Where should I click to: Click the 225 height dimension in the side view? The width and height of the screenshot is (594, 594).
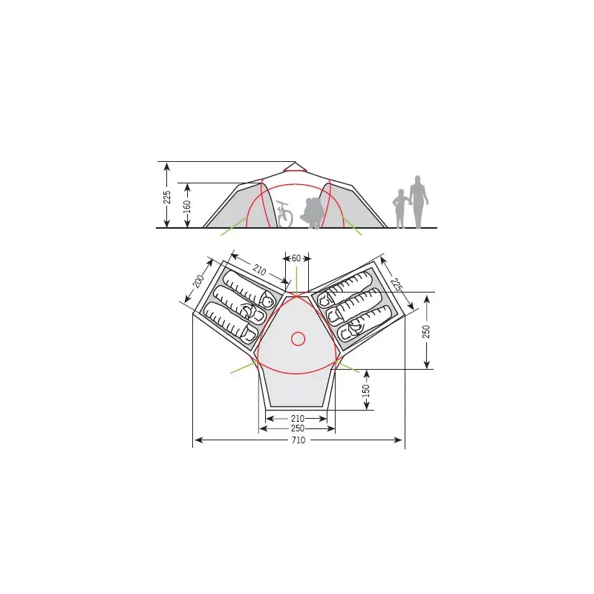tap(167, 197)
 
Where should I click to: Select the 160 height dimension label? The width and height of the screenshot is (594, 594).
tap(187, 206)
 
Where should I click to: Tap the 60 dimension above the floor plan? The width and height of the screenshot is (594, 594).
tap(296, 258)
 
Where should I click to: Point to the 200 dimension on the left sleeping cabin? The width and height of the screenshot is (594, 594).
tap(198, 281)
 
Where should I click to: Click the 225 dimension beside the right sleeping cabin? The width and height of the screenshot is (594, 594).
tap(396, 284)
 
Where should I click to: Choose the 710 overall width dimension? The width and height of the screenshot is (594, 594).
tap(298, 440)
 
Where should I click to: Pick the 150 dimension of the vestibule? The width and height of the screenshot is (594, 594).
tap(366, 391)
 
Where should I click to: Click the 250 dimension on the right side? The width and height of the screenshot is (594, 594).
tap(426, 331)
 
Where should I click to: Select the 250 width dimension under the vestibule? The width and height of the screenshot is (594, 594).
tap(298, 428)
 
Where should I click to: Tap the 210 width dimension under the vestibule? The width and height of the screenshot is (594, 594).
tap(298, 418)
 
